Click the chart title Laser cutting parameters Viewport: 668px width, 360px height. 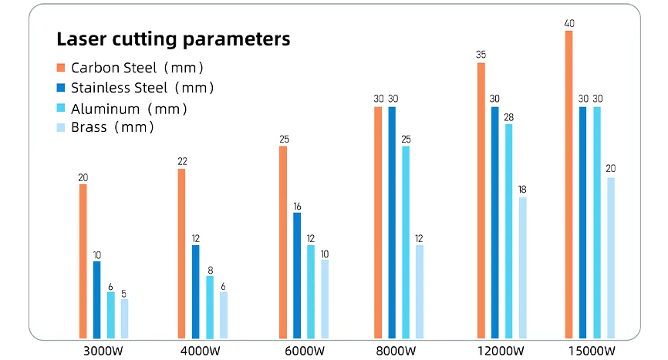[174, 39]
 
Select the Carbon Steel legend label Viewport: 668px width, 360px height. [137, 68]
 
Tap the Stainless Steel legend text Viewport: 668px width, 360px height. [143, 88]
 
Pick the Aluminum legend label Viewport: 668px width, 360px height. [129, 109]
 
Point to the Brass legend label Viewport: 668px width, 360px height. [113, 127]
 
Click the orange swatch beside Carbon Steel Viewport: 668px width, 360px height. [61, 68]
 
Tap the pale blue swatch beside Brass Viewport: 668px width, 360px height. [61, 127]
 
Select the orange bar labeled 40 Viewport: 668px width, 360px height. [569, 185]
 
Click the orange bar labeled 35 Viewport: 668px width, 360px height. [481, 200]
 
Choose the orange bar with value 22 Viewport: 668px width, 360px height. [181, 254]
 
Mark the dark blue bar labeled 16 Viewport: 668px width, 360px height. [297, 275]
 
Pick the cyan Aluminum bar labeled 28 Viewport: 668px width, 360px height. [509, 231]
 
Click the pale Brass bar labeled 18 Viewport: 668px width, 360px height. [523, 267]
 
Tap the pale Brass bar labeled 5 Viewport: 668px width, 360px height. [125, 318]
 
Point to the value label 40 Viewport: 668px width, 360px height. [569, 24]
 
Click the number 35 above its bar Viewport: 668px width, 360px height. [481, 56]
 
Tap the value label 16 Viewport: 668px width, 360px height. [297, 207]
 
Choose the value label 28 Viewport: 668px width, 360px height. [509, 118]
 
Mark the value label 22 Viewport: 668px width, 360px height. [181, 162]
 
